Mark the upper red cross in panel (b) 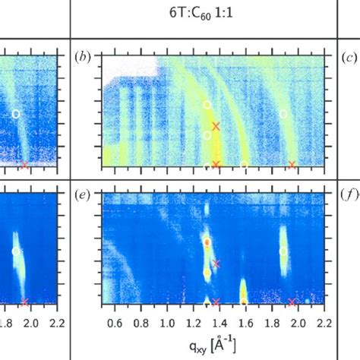pos(216,125)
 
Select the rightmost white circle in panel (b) pos(283,114)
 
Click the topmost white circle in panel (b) pos(207,104)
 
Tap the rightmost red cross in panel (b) pos(292,164)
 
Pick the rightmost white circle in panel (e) pos(283,251)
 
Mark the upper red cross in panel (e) pos(216,264)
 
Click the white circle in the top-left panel pos(15,114)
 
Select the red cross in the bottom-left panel pos(25,302)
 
